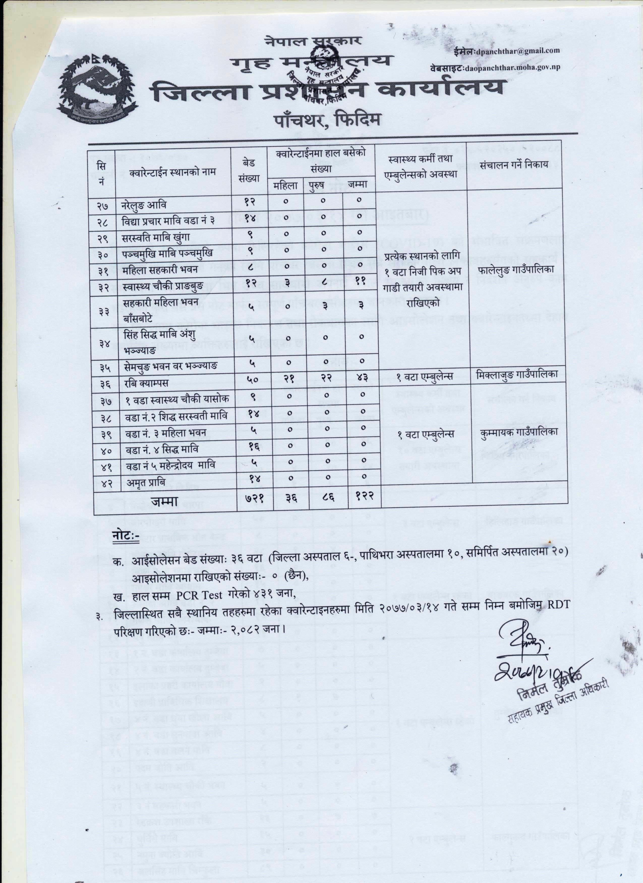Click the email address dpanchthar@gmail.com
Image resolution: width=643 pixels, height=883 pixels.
517,51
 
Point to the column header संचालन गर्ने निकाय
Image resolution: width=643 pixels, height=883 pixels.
514,165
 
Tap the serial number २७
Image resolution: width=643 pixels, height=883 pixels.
103,205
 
